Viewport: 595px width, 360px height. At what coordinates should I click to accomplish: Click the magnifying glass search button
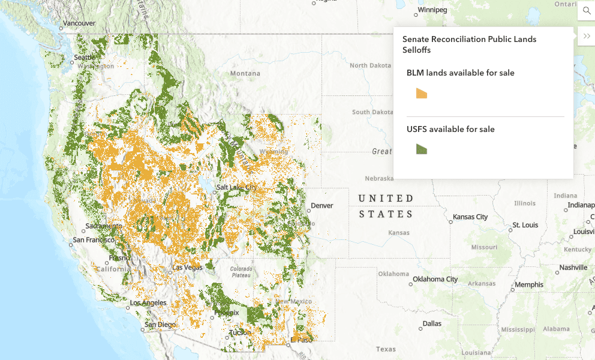click(586, 11)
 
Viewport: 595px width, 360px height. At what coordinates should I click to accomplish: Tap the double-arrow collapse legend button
click(586, 36)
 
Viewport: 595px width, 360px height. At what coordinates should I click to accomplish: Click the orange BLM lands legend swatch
click(422, 93)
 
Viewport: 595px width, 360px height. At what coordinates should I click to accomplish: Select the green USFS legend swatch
click(422, 149)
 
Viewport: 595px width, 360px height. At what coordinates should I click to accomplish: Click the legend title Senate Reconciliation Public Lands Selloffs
click(469, 44)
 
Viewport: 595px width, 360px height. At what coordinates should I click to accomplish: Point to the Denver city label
click(321, 206)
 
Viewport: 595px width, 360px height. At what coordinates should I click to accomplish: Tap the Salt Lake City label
click(236, 187)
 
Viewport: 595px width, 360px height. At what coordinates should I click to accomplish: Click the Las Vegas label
click(187, 267)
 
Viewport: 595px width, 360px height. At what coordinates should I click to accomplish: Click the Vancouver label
click(79, 23)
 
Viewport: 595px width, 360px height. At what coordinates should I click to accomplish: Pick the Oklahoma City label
click(434, 279)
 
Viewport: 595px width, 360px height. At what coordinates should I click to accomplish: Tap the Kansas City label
click(470, 217)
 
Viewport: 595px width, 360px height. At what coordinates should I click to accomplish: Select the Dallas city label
click(431, 323)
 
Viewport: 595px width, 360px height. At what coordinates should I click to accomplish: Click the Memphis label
click(529, 284)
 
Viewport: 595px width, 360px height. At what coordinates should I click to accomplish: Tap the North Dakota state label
click(370, 65)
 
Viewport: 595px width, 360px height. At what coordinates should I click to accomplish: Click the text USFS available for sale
click(450, 129)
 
